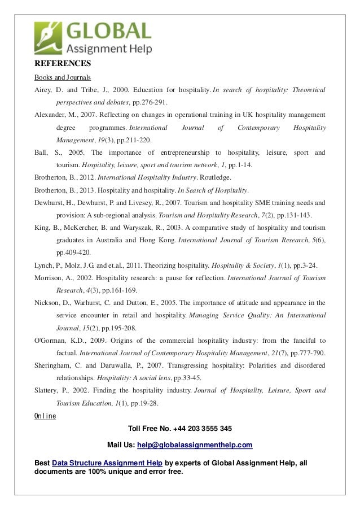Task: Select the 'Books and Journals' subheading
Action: click(63, 77)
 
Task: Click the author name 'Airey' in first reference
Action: click(44, 90)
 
